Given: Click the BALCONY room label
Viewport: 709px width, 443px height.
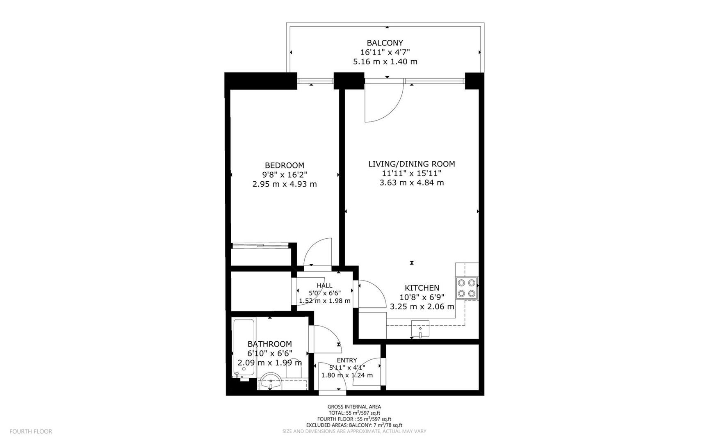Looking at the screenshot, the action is [385, 43].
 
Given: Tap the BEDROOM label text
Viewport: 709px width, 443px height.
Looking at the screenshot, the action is [285, 165].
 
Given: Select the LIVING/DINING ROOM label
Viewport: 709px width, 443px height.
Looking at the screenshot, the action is [411, 164].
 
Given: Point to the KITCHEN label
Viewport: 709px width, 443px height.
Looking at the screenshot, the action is [422, 288].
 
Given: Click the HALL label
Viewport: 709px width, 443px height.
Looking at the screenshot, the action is [324, 285].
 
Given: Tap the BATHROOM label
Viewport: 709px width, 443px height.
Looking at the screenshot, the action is [269, 344].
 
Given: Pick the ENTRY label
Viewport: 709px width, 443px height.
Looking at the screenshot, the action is [347, 360].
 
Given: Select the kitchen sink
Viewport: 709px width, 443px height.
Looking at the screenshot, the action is [420, 329].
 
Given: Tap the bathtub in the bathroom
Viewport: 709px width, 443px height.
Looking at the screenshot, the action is [244, 347].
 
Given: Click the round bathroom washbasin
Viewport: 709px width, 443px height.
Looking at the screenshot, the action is [271, 381].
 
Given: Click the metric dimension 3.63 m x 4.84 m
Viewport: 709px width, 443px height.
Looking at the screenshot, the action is [411, 183].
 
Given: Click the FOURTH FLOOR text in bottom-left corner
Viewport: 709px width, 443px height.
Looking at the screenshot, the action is [31, 431].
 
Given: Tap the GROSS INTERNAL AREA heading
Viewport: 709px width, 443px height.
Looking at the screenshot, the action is [354, 406].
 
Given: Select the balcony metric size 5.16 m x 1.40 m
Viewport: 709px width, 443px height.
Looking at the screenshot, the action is [385, 62].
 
